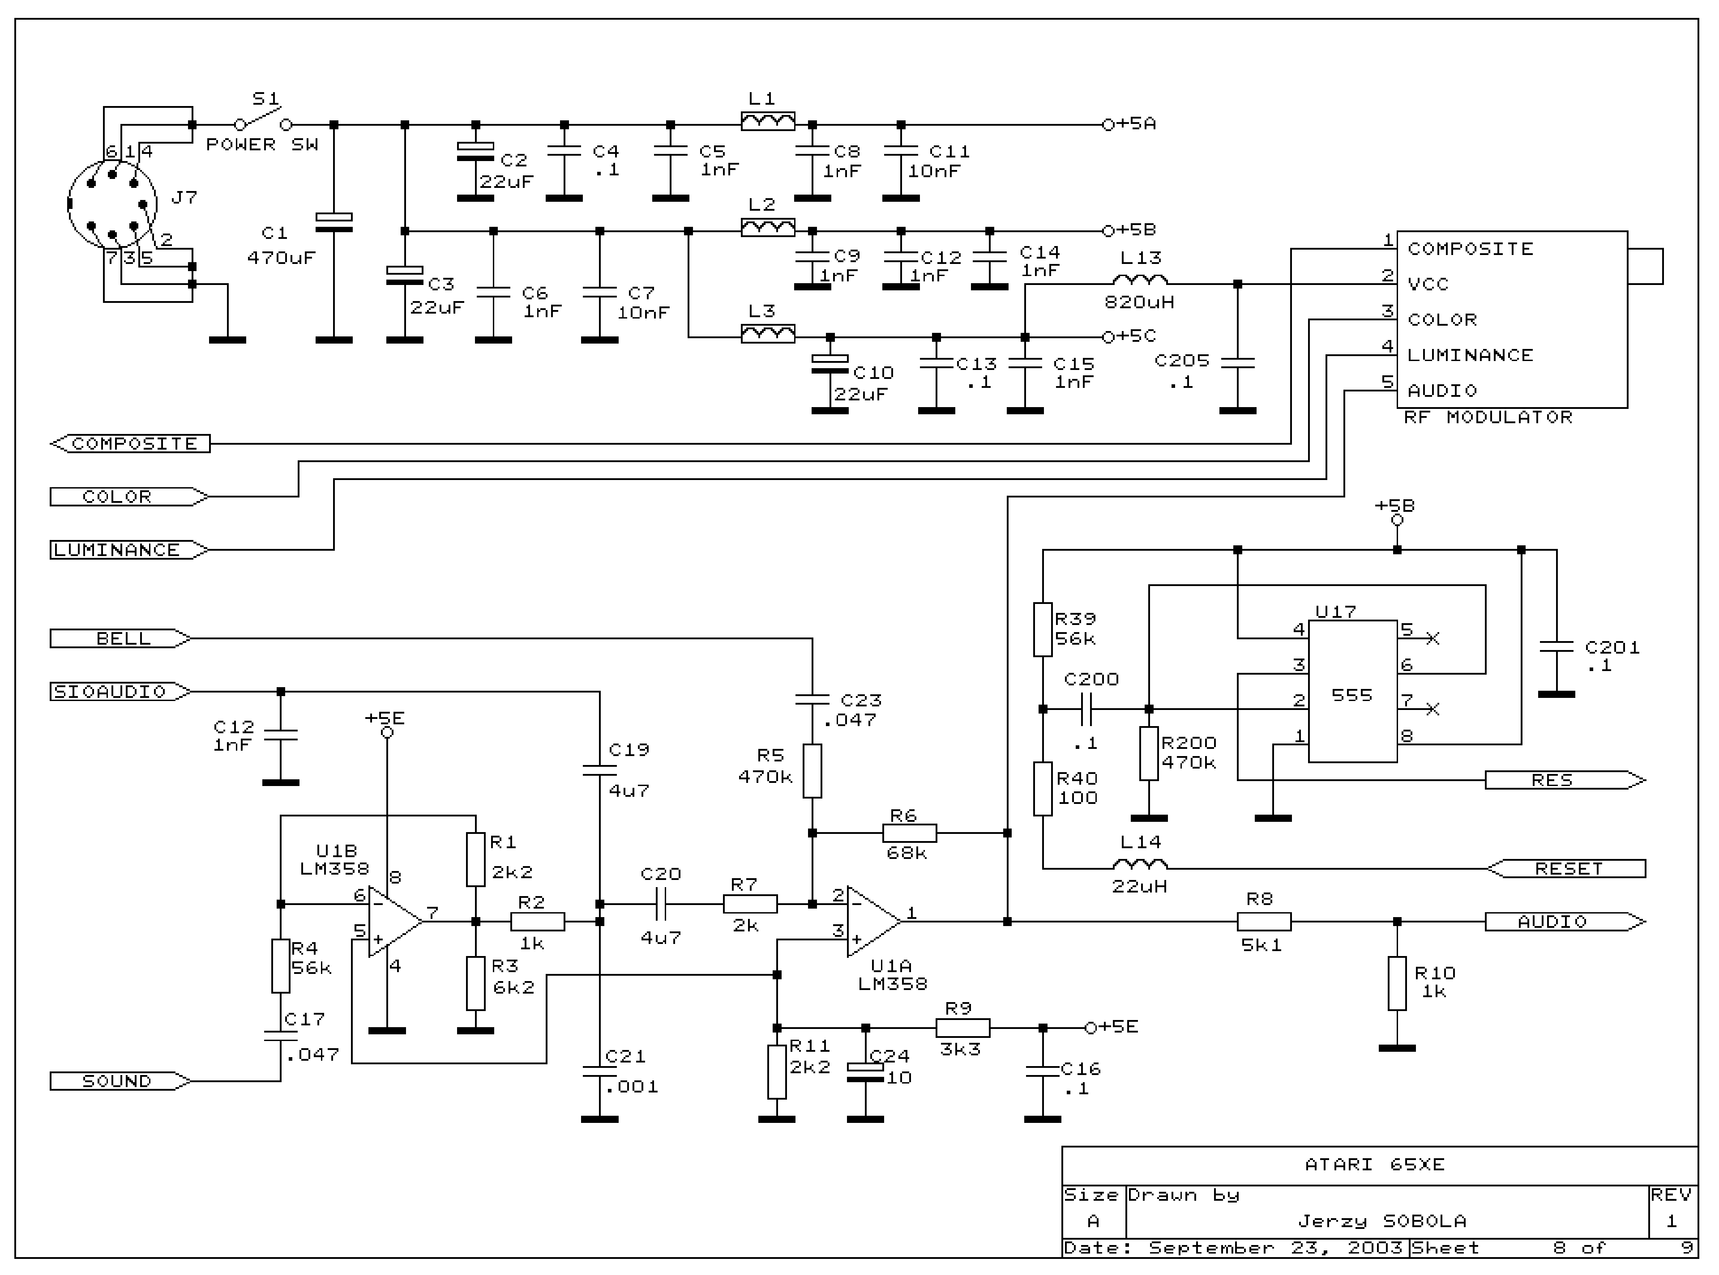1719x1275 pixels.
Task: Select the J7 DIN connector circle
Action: coord(112,204)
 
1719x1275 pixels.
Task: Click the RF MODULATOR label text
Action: coord(1487,417)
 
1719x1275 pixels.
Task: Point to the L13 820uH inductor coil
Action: coord(1140,281)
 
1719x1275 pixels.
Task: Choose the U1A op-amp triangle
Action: coord(872,921)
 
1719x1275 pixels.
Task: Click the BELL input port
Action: coord(120,638)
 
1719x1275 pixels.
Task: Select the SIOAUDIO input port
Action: coord(120,692)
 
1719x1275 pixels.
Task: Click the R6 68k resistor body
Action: coord(909,833)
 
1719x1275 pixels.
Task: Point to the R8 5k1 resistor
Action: coord(1263,921)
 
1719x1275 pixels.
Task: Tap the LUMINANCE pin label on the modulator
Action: coord(1470,355)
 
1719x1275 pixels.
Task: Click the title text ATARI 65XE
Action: coord(1375,1164)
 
